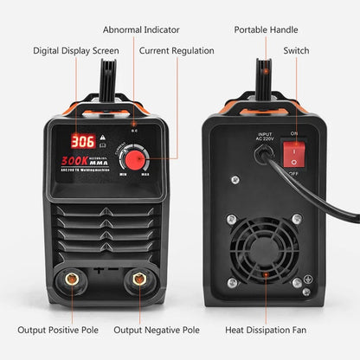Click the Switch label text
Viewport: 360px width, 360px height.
pos(296,50)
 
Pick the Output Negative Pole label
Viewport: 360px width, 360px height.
pos(157,330)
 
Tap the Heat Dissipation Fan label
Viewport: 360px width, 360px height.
pos(278,330)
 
